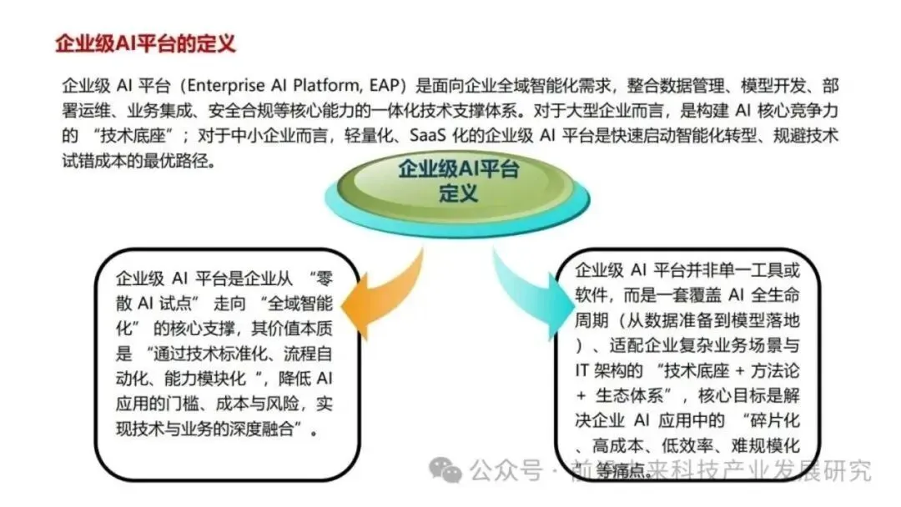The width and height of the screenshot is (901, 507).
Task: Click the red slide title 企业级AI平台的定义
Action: pos(145,43)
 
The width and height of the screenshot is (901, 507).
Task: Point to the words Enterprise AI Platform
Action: pos(279,85)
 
